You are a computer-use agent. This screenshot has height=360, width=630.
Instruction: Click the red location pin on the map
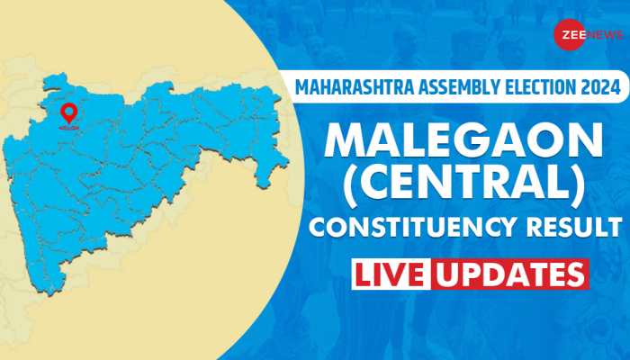68,113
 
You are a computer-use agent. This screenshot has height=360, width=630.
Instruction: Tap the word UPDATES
510,274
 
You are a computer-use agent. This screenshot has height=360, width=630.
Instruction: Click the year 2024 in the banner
598,87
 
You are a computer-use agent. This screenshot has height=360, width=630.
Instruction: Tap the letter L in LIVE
365,274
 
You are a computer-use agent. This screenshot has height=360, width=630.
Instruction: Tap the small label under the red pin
68,128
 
